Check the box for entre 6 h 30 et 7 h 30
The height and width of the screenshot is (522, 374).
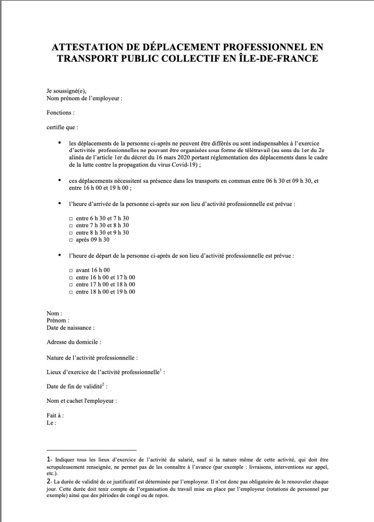tap(70, 219)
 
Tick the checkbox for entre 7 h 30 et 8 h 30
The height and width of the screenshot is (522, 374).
tap(70, 225)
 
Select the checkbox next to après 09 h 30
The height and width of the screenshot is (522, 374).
tap(70, 239)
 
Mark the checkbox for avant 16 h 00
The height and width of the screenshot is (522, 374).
tap(70, 270)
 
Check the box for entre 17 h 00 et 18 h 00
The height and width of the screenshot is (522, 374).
tap(70, 284)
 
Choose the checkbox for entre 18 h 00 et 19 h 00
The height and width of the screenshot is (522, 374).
tap(70, 292)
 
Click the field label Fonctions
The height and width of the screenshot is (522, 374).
tap(60, 112)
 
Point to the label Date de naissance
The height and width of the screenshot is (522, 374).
tap(70, 327)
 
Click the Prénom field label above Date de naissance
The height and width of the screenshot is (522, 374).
tap(57, 321)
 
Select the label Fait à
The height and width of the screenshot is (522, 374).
tap(55, 415)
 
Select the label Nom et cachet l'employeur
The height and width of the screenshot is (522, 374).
tap(82, 401)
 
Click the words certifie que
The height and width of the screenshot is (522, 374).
tap(62, 127)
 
